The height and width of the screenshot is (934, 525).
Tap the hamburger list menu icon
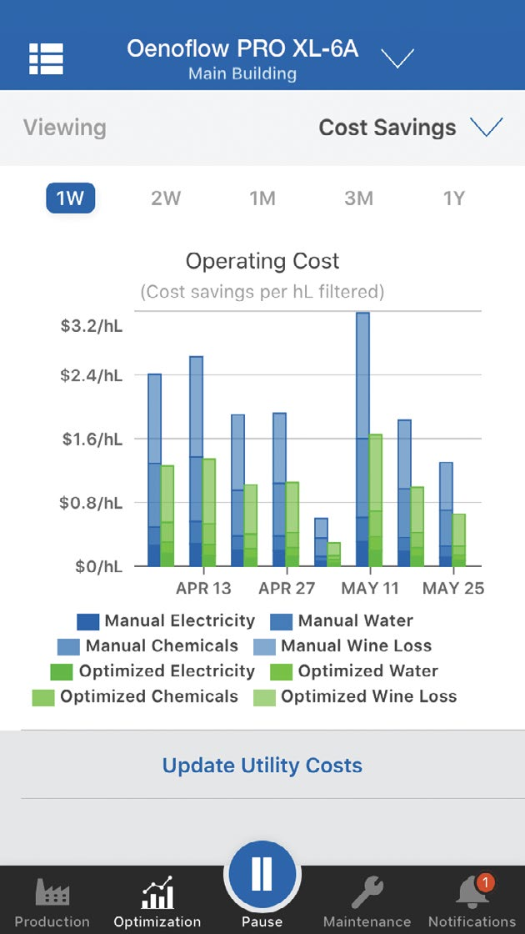47,58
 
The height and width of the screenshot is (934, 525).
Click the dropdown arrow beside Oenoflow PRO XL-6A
397,58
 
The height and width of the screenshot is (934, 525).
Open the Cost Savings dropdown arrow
487,127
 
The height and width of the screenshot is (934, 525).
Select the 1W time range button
70,198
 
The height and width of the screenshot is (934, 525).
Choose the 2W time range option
166,198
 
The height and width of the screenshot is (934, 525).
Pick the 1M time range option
262,198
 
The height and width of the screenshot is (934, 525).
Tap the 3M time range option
358,198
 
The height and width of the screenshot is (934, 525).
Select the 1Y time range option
453,198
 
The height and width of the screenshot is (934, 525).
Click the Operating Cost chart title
262,261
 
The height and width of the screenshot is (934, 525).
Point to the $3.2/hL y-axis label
91,325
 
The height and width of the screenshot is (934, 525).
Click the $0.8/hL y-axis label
91,503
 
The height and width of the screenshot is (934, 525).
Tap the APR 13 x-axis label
203,588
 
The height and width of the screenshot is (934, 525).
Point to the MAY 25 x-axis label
453,588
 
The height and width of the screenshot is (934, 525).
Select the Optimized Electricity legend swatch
62,671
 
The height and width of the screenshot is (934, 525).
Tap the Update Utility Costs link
262,765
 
